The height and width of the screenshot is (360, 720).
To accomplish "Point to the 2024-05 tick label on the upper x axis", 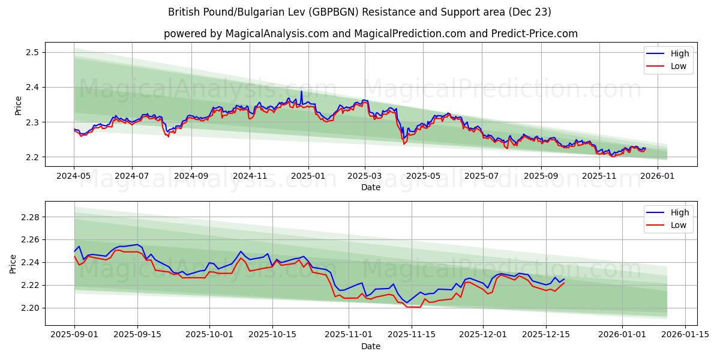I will click(74, 176).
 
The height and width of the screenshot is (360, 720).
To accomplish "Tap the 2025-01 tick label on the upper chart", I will click(308, 176).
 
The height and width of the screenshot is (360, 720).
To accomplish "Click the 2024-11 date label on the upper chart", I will click(250, 176).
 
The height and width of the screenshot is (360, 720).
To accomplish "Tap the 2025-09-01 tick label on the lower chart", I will click(74, 335).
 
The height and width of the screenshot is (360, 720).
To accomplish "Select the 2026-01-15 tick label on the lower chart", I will click(685, 335).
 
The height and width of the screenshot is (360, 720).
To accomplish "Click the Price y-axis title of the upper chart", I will click(18, 105).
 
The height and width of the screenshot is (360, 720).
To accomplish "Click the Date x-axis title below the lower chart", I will click(370, 346).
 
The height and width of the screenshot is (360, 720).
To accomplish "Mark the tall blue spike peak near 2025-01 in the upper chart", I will click(301, 91).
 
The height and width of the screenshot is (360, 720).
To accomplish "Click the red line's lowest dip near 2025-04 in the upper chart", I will click(404, 144).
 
